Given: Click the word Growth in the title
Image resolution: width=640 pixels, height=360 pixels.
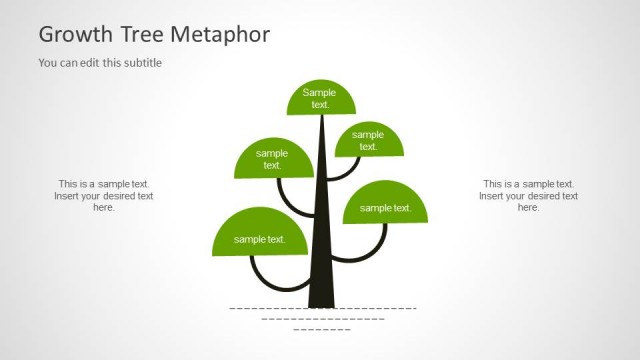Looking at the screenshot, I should [x=76, y=35].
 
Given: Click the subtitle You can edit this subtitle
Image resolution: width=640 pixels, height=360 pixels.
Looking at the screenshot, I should [x=100, y=63].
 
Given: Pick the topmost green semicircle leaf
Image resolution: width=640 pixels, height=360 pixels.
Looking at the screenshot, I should [x=321, y=99].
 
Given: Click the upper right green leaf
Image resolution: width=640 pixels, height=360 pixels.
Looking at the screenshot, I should [x=368, y=141].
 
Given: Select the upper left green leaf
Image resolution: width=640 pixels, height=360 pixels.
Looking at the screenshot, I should [x=273, y=160].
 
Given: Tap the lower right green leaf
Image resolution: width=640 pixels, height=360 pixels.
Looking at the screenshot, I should [x=385, y=205].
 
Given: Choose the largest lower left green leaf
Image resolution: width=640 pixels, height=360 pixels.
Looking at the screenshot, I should [x=259, y=236].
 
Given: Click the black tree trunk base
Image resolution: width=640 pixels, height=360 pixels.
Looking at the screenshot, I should [x=321, y=295].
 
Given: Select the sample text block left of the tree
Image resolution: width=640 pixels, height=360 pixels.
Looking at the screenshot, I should [x=103, y=196].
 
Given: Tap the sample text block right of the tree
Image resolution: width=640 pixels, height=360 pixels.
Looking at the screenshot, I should [x=528, y=196].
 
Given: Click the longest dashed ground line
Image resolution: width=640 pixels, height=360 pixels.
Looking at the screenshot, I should [x=323, y=308].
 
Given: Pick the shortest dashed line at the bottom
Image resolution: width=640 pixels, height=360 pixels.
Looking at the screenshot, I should [x=322, y=329].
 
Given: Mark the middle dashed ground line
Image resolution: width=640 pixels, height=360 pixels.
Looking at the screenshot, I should [x=323, y=318].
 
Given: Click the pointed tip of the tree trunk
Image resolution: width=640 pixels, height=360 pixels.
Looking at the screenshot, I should [x=322, y=119].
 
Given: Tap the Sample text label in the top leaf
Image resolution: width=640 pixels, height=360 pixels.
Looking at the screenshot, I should [x=320, y=98].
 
